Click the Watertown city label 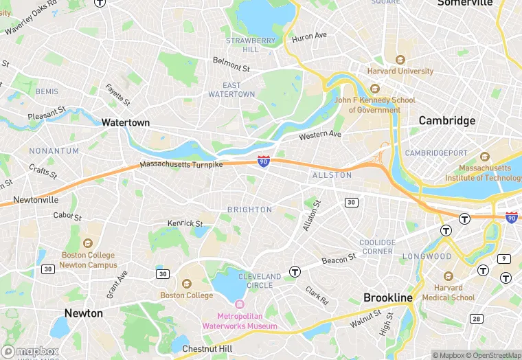(125, 122)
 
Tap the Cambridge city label (447, 120)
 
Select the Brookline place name (387, 297)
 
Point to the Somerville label (465, 3)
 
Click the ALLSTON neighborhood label (332, 175)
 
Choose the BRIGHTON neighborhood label (249, 210)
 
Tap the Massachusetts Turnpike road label (181, 165)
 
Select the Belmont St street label (231, 65)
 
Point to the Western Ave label (320, 135)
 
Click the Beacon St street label (339, 258)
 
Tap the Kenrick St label (185, 223)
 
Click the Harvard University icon (400, 60)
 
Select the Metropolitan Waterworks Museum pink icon (239, 304)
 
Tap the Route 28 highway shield (475, 318)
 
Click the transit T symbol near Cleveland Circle (295, 271)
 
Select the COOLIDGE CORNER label (377, 247)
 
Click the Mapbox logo (30, 350)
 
